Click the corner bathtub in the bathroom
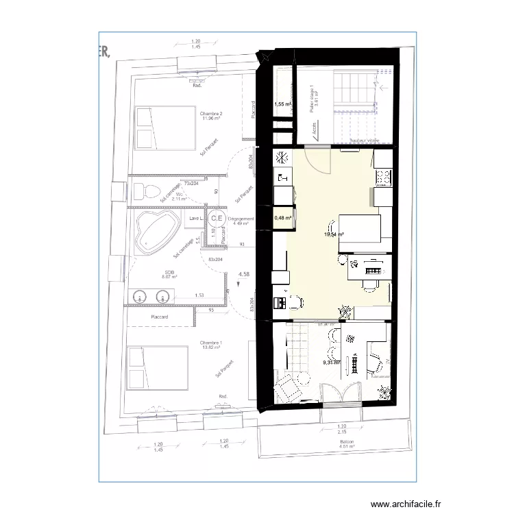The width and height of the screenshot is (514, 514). click(154, 232)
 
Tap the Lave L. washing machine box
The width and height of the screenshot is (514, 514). click(196, 219)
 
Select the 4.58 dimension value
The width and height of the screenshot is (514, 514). click(243, 274)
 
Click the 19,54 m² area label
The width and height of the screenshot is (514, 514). click(334, 234)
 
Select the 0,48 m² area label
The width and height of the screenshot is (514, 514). click(282, 219)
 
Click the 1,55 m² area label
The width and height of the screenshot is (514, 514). click(283, 105)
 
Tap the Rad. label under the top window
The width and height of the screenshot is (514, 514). click(197, 85)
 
